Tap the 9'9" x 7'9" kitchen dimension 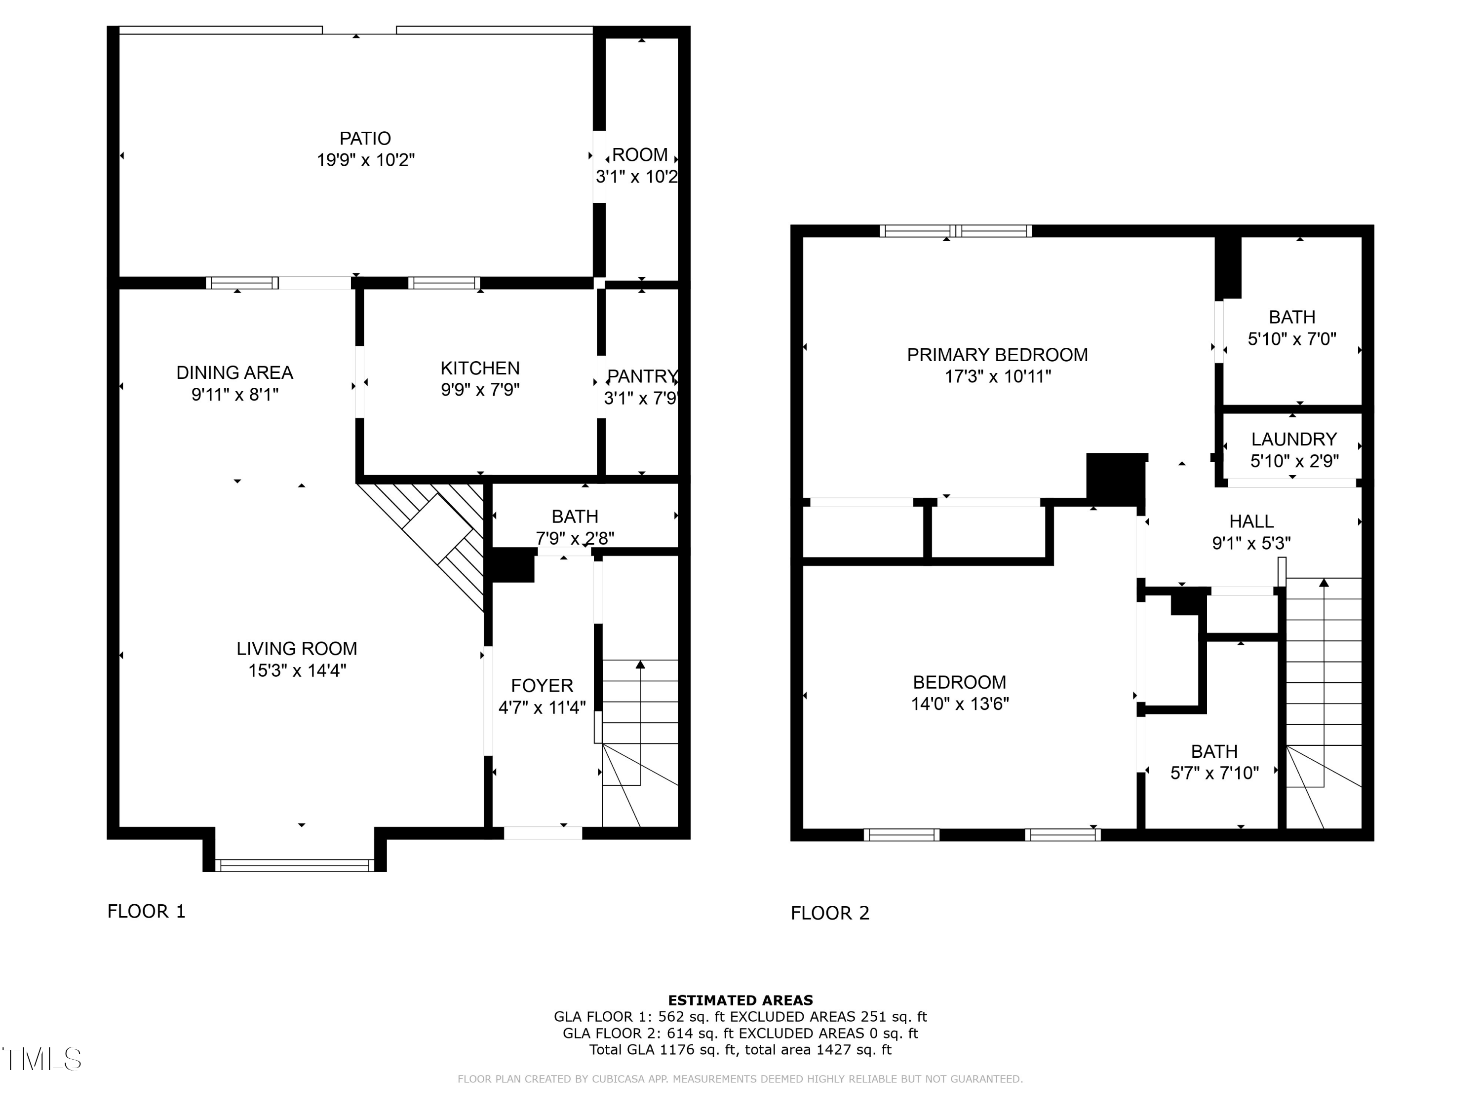pos(480,389)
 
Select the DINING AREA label pos(234,372)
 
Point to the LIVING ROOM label pos(297,648)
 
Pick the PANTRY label pos(641,377)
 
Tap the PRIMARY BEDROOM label pos(997,355)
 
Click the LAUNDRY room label pos(1293,440)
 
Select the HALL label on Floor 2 pos(1250,521)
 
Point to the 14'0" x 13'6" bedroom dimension pos(959,704)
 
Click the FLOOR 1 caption pos(146,911)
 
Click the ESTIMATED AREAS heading pos(740,1000)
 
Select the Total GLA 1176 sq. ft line pos(740,1050)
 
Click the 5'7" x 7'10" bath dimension pos(1214,774)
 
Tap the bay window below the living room pos(295,865)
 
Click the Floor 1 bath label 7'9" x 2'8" pos(575,538)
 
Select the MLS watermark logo pos(41,1059)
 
